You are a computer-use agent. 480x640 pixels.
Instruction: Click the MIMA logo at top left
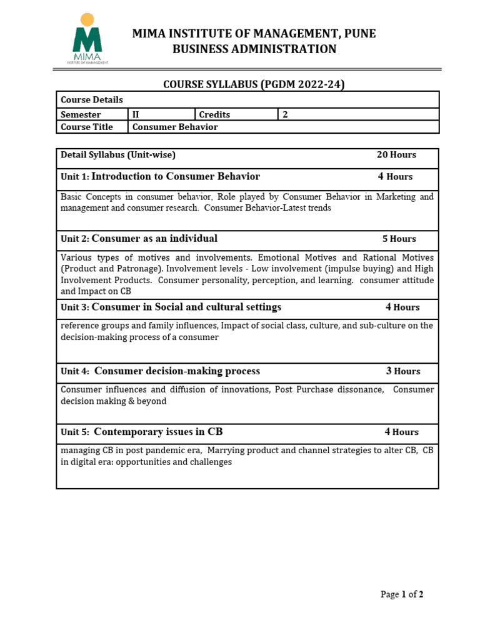coord(87,39)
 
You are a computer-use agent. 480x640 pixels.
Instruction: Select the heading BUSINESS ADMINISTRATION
coord(254,49)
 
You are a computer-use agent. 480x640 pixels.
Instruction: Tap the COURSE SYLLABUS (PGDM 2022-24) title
coord(254,84)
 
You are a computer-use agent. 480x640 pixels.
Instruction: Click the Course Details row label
coord(92,100)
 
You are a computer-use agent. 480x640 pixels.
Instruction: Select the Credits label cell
coord(214,114)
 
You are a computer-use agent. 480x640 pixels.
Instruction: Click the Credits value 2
coord(285,114)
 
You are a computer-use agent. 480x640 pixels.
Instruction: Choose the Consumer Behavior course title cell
coord(175,127)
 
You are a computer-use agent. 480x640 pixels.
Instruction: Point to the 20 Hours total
coord(396,155)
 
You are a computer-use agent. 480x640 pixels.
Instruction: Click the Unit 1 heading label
coord(75,177)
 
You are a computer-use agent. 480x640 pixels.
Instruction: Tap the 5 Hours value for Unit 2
coord(399,239)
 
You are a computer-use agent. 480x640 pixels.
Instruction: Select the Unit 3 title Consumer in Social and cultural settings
coord(186,307)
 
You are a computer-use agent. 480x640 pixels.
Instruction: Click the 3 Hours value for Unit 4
coord(402,371)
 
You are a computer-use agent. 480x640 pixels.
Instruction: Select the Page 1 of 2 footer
coord(402,594)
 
